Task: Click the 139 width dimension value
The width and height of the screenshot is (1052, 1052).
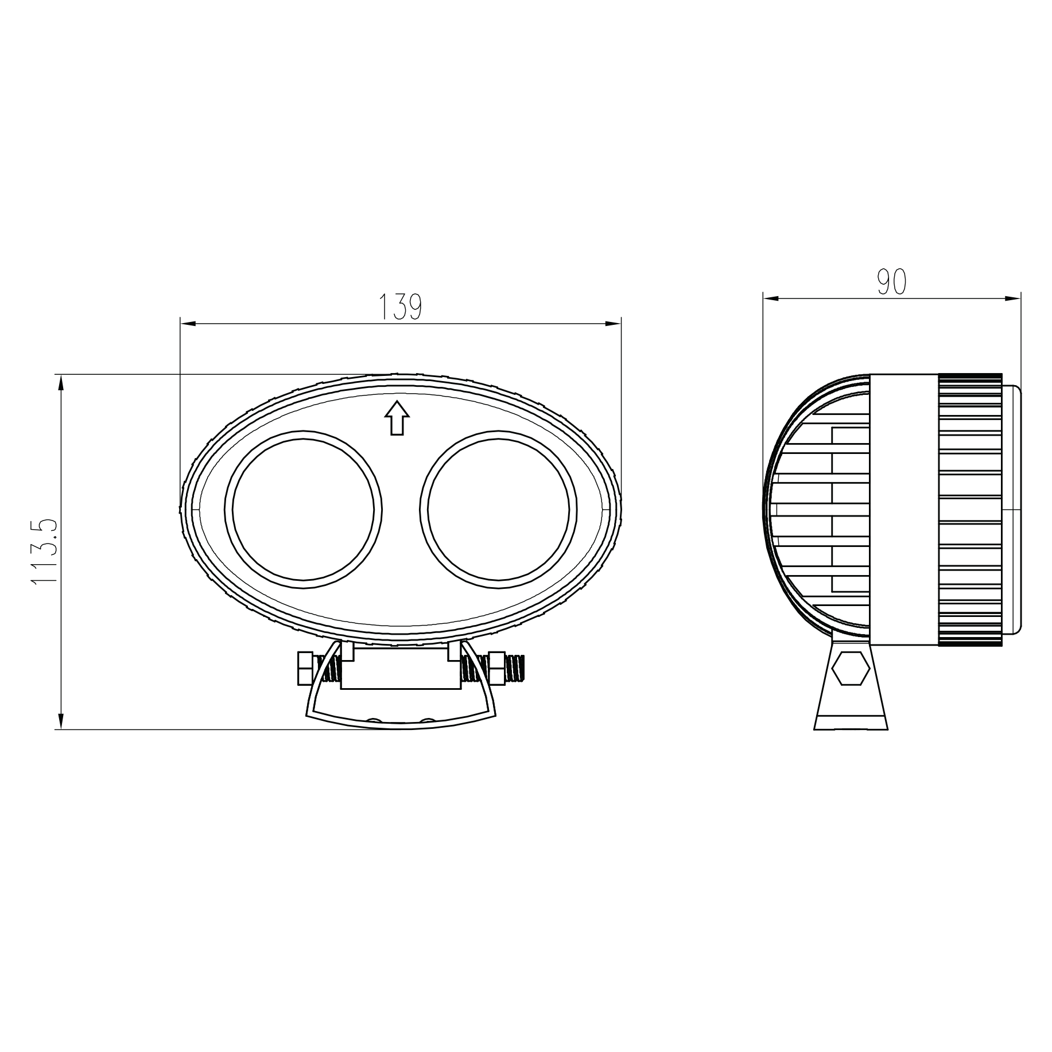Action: coord(400,307)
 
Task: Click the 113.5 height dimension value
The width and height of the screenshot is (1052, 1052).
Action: coord(45,552)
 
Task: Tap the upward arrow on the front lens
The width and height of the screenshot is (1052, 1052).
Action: coord(396,418)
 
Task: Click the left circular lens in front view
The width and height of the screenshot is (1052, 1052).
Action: coord(303,509)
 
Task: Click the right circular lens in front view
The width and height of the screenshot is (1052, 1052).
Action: coord(498,509)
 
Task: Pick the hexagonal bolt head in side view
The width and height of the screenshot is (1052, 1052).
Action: coord(850,669)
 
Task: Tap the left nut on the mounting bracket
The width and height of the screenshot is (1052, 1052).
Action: coord(305,668)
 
